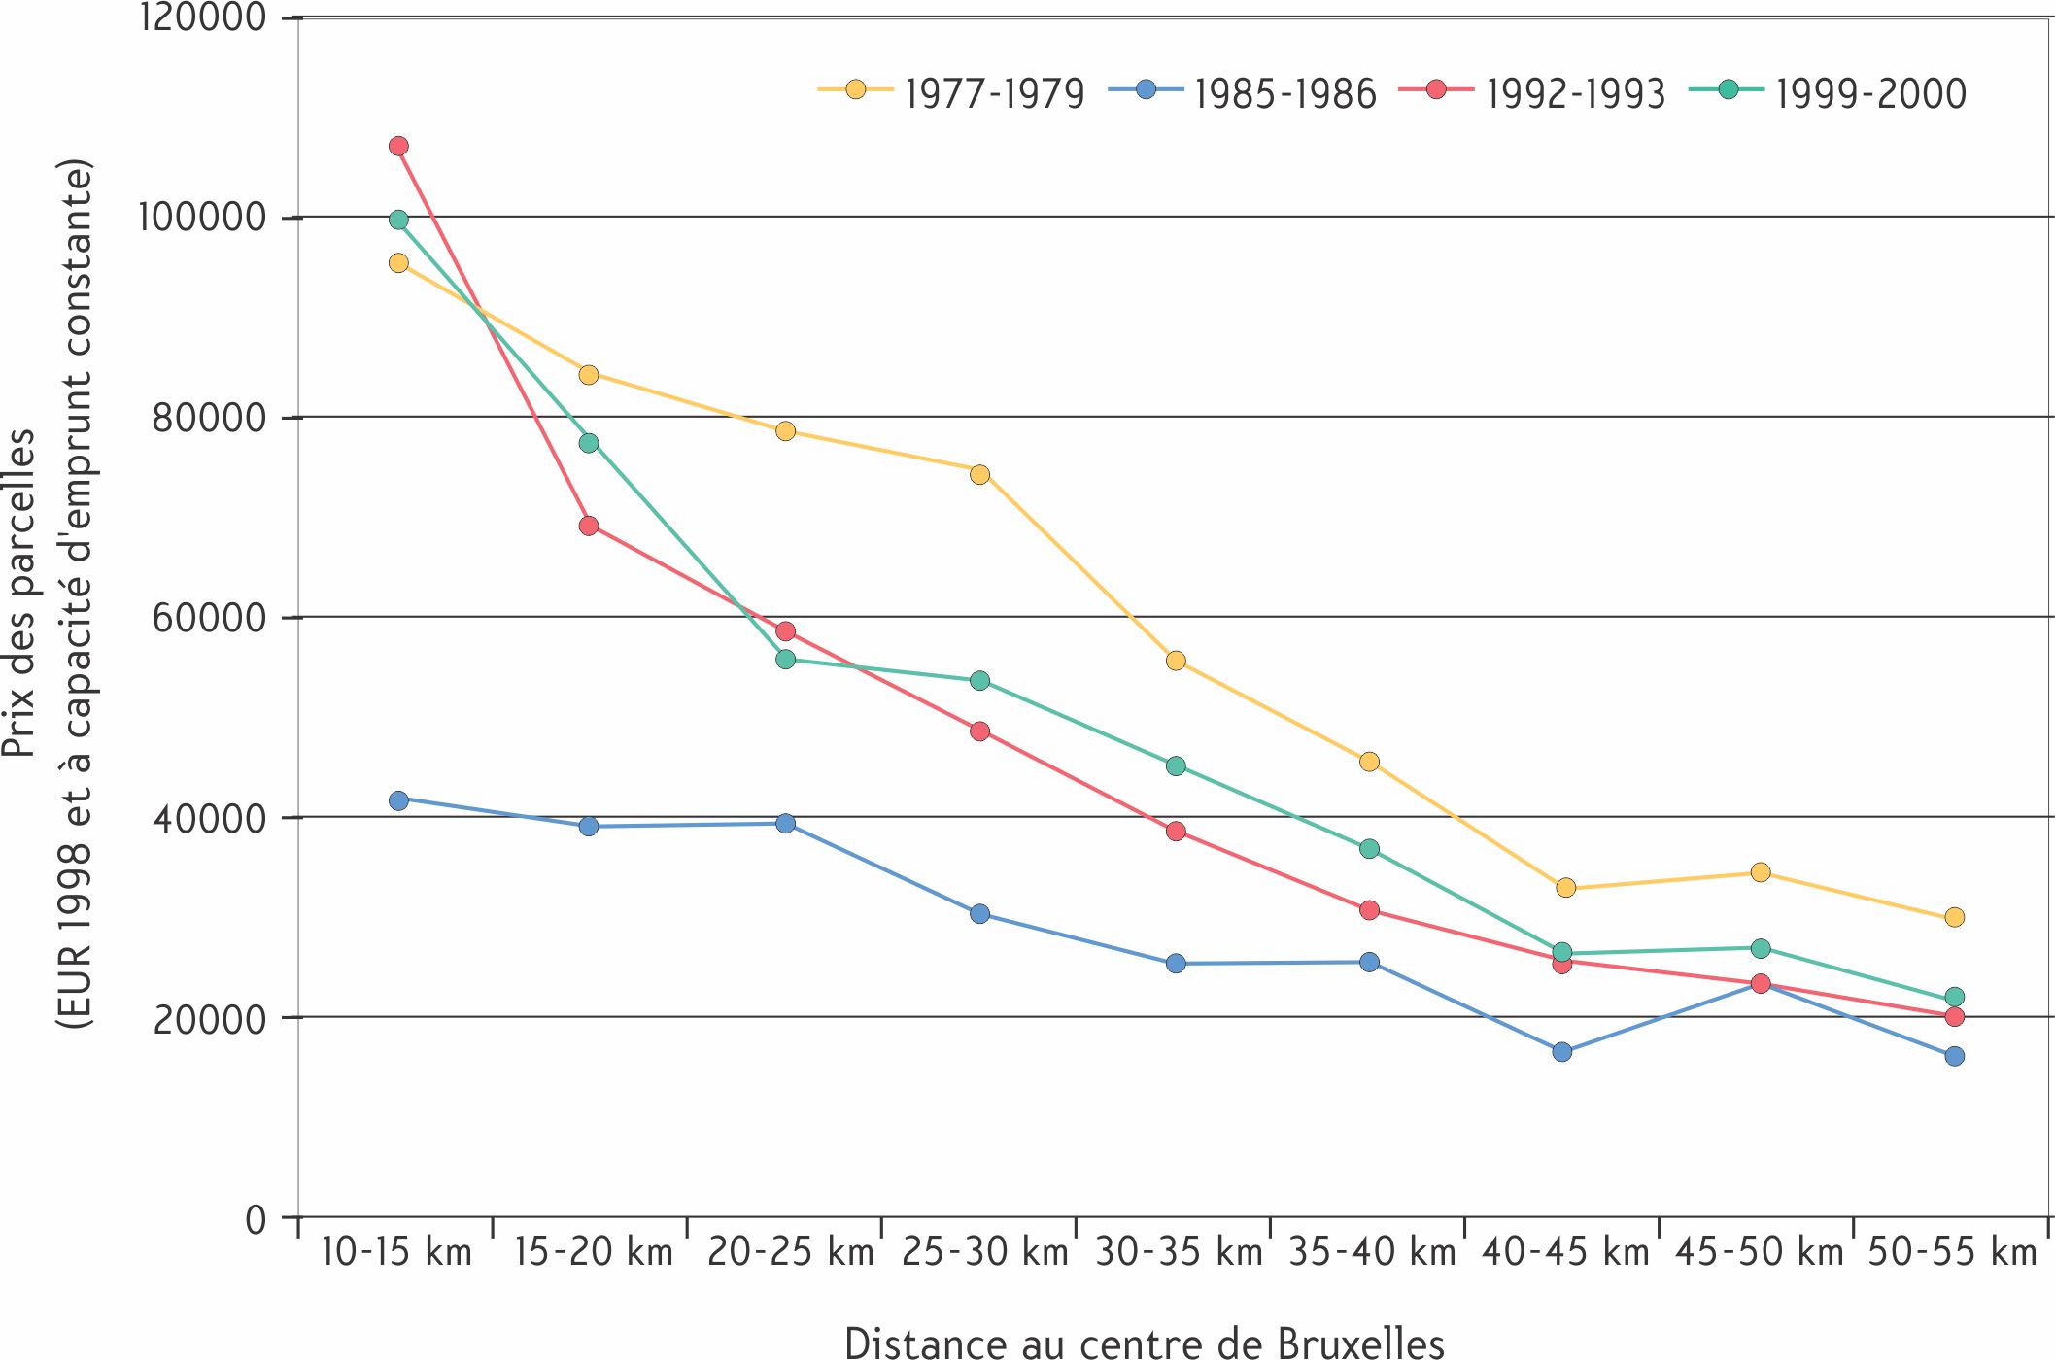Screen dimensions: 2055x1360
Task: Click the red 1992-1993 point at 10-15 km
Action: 398,146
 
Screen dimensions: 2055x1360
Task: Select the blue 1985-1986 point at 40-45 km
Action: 1562,1052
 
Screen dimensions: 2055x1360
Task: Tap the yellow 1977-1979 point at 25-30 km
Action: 979,474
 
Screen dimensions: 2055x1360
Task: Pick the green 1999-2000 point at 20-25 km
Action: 785,660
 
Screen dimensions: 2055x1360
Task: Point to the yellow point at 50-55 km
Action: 1955,917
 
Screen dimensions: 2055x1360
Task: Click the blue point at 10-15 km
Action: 398,800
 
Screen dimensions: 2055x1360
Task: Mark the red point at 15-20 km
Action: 589,526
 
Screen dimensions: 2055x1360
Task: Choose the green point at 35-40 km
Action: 1369,849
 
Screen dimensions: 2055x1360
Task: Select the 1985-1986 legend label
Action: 1285,93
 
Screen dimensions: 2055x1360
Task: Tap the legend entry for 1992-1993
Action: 1532,92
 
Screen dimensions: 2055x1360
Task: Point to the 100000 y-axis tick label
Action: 202,217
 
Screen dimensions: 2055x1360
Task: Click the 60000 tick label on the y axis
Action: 210,617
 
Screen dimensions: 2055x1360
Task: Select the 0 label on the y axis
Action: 256,1218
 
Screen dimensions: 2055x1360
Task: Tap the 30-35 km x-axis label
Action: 1179,1252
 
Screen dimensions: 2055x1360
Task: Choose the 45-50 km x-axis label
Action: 1759,1252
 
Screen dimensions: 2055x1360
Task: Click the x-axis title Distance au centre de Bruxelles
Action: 1145,1342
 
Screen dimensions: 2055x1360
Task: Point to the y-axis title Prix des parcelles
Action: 19,594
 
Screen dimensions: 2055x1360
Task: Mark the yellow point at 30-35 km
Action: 1176,661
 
